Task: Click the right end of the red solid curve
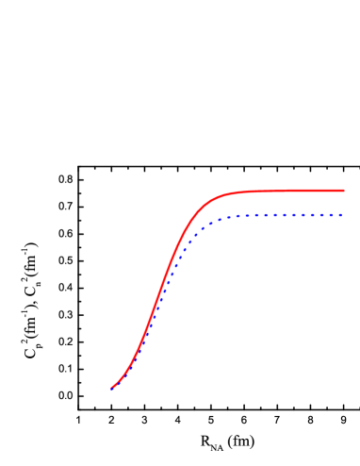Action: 343,191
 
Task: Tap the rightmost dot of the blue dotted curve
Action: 340,215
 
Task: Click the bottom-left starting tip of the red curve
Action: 112,388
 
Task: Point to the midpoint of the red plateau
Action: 283,191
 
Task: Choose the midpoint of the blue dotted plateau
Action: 283,215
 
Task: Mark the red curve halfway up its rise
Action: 161,289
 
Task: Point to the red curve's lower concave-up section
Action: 132,363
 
